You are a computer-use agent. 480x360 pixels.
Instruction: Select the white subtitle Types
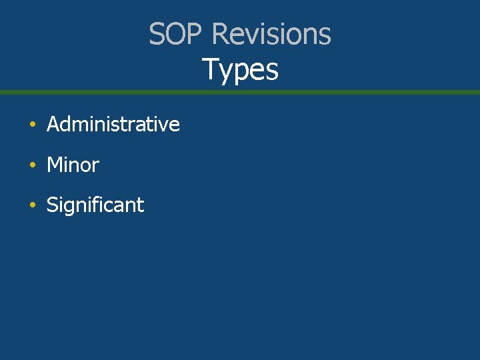240,69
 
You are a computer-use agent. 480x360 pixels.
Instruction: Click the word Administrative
113,124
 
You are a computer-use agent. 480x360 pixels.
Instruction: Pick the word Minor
73,165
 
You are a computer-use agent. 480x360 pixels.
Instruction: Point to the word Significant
95,205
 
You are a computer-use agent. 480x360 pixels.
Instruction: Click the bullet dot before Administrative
31,125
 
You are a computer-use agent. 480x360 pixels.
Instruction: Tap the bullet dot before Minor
31,165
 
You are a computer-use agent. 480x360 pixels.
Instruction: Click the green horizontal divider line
240,92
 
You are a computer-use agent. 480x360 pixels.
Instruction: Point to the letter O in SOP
175,34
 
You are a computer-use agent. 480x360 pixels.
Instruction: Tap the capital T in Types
210,69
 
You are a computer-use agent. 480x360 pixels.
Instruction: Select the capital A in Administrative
53,124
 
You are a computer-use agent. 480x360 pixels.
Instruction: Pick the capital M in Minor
54,165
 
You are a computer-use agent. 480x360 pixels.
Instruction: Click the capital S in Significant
52,205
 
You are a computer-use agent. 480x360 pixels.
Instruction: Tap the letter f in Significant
98,205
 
